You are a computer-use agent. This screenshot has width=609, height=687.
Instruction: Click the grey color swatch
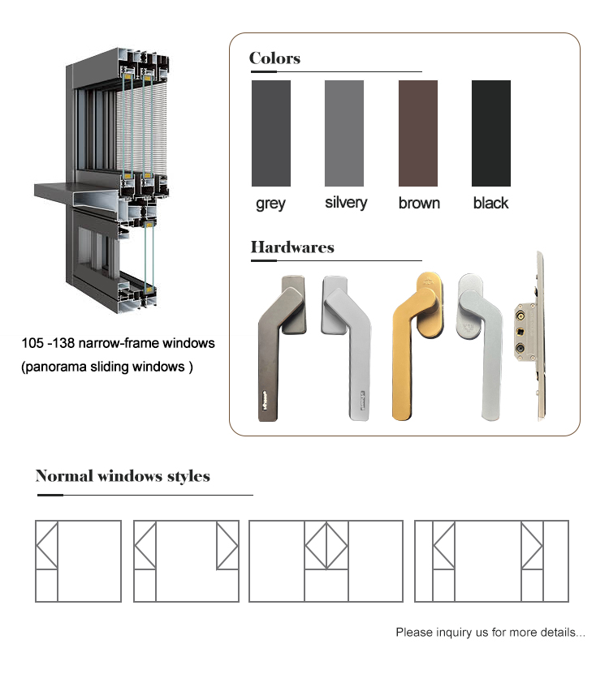pyautogui.click(x=271, y=133)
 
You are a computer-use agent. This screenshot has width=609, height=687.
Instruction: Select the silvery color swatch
pyautogui.click(x=344, y=133)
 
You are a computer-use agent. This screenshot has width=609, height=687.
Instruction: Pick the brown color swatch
pyautogui.click(x=418, y=133)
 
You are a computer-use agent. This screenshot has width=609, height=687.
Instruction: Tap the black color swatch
pyautogui.click(x=491, y=133)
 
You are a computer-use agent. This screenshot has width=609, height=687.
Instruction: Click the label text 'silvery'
pyautogui.click(x=346, y=203)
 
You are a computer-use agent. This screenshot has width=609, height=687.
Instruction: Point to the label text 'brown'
pyautogui.click(x=419, y=203)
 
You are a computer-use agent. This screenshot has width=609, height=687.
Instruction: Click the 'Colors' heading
pyautogui.click(x=274, y=58)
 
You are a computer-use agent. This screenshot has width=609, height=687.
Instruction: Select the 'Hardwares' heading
pyautogui.click(x=292, y=247)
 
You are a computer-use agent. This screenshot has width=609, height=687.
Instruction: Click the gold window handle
pyautogui.click(x=417, y=346)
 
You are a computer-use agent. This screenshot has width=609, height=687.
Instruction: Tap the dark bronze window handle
pyautogui.click(x=282, y=348)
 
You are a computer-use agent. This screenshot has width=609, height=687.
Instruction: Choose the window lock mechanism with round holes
pyautogui.click(x=529, y=336)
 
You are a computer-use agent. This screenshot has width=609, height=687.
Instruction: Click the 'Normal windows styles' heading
pyautogui.click(x=123, y=476)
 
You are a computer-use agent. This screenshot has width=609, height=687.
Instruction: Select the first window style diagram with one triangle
pyautogui.click(x=78, y=561)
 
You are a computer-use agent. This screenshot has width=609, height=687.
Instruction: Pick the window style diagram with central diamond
pyautogui.click(x=326, y=561)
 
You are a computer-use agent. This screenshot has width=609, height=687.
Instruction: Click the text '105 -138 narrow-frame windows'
pyautogui.click(x=118, y=343)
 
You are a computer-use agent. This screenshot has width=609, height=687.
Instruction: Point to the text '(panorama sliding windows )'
pyautogui.click(x=107, y=367)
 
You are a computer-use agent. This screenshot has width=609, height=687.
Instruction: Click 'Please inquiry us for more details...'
pyautogui.click(x=490, y=632)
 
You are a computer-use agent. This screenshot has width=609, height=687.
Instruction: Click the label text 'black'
pyautogui.click(x=490, y=203)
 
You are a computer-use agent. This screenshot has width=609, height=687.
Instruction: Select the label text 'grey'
pyautogui.click(x=270, y=204)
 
